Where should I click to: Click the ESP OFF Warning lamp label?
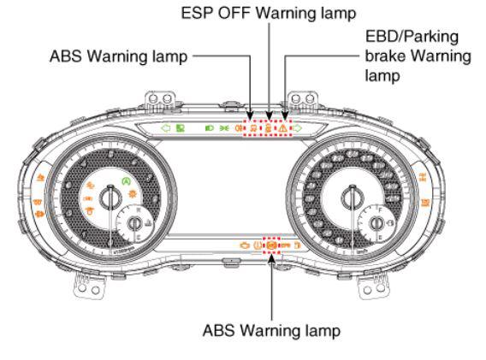pyautogui.click(x=269, y=13)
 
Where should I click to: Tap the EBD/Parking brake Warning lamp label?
pyautogui.click(x=418, y=56)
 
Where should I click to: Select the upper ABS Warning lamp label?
pyautogui.click(x=119, y=56)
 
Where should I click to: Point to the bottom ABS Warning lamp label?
pyautogui.click(x=271, y=330)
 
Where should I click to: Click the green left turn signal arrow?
pyautogui.click(x=165, y=127)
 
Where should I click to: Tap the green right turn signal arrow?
pyautogui.click(x=298, y=127)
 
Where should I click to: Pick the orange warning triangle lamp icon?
pyautogui.click(x=282, y=128)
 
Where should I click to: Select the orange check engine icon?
pyautogui.click(x=245, y=245)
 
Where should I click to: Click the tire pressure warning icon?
pyautogui.click(x=258, y=245)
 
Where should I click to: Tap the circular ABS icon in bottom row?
pyautogui.click(x=271, y=245)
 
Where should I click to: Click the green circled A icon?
pyautogui.click(x=126, y=181)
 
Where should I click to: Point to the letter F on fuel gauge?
pyautogui.click(x=381, y=210)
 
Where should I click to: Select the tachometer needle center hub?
pyautogui.click(x=110, y=198)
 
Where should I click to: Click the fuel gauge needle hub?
pyautogui.click(x=376, y=223)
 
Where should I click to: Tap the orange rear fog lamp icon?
pyautogui.click(x=239, y=128)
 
